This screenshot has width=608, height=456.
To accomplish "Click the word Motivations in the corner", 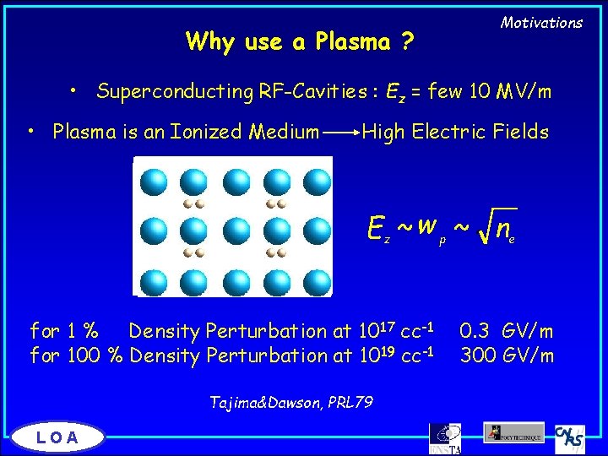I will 541,23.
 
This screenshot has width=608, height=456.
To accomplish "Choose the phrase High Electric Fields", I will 455,132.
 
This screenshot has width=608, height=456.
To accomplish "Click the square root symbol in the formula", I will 486,225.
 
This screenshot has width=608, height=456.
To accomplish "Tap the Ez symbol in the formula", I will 378,227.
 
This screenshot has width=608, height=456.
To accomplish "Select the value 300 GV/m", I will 507,356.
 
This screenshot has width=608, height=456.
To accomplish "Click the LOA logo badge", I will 58,437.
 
